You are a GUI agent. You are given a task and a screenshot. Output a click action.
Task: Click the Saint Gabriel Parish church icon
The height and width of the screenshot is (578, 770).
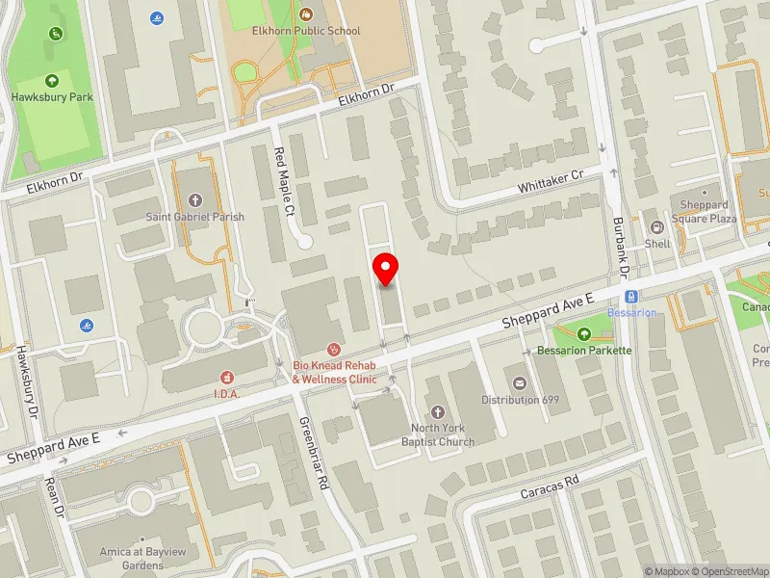pyautogui.click(x=194, y=200)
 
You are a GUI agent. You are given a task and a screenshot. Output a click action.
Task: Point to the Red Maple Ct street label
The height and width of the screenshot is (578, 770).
pyautogui.click(x=285, y=182)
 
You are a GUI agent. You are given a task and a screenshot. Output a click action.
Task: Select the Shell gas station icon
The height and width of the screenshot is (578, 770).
pyautogui.click(x=657, y=227)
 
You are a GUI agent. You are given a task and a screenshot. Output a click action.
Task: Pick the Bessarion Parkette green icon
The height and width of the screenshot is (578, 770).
pyautogui.click(x=583, y=334)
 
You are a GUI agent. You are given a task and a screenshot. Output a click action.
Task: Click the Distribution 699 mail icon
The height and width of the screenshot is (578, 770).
pyautogui.click(x=521, y=383)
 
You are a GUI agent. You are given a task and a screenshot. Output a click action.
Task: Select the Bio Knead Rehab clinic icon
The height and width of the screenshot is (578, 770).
pyautogui.click(x=334, y=349)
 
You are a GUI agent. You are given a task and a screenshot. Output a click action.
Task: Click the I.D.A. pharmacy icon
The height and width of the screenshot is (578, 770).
pyautogui.click(x=227, y=377)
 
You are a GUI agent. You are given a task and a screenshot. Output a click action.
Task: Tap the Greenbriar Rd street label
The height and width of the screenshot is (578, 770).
pyautogui.click(x=314, y=451)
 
